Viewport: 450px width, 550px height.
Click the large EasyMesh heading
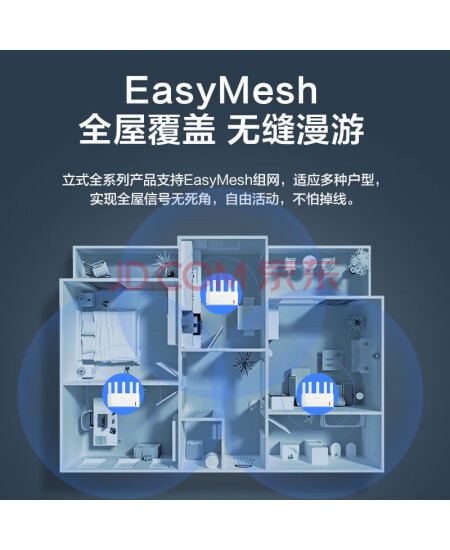[221, 91]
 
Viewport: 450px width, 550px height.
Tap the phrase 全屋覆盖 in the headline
[147, 129]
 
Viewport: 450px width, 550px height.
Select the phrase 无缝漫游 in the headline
[296, 129]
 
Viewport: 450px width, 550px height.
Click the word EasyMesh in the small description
[218, 181]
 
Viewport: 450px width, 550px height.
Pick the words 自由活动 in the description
[252, 200]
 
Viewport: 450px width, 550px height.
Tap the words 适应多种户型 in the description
[333, 180]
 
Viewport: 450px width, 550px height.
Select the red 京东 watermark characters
[300, 277]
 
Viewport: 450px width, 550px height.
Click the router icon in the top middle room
[222, 292]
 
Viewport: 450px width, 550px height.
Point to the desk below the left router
[104, 421]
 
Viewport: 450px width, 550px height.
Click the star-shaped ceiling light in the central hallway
[244, 364]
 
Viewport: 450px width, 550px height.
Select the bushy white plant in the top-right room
[359, 259]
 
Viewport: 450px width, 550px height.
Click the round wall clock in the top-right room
[308, 261]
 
